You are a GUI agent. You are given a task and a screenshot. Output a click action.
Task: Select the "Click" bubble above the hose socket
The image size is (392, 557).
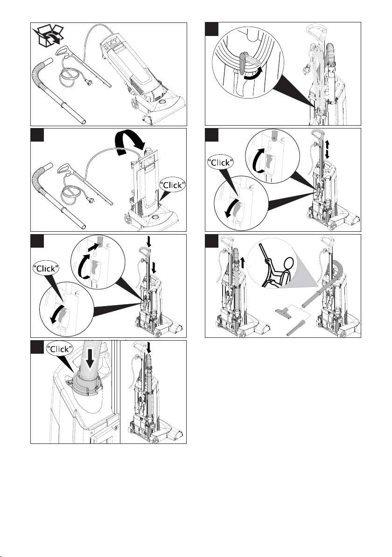[x=60, y=349]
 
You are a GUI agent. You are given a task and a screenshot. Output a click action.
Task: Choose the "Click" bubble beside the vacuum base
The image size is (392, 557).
[x=173, y=185]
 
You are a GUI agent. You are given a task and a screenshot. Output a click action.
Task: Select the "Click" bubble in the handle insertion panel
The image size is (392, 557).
[x=45, y=269]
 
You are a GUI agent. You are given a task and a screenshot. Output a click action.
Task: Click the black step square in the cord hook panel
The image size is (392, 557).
[x=212, y=29]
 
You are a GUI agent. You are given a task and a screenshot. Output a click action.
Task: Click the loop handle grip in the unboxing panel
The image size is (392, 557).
[x=64, y=51]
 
